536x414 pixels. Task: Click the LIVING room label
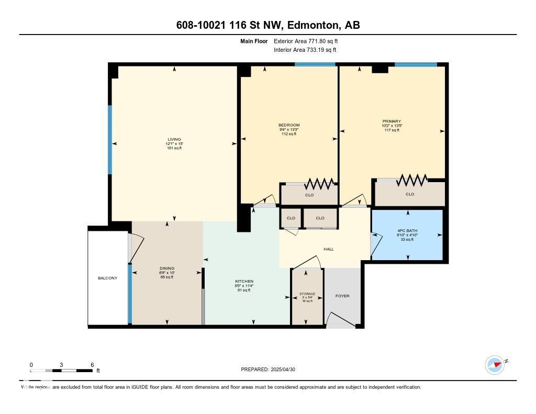(x=174, y=140)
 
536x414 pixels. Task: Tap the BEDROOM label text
(x=289, y=125)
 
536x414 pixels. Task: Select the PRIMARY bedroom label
(x=392, y=121)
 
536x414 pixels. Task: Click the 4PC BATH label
(x=407, y=231)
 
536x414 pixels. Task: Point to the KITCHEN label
(x=244, y=282)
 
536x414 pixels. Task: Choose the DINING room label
(x=167, y=268)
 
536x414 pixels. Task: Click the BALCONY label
(x=108, y=278)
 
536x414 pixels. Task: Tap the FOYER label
(x=342, y=296)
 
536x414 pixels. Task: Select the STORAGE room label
(x=307, y=294)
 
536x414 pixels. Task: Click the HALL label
(x=328, y=249)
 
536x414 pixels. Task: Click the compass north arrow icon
(x=495, y=365)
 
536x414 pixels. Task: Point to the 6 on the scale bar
(x=92, y=365)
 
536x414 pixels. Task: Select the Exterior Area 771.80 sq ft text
(x=309, y=41)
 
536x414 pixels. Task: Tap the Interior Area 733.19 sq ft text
(x=305, y=50)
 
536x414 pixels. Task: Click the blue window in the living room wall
(x=110, y=139)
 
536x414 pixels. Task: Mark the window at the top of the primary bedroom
(x=416, y=64)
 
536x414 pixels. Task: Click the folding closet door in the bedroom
(x=319, y=184)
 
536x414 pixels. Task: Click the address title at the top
(x=268, y=25)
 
